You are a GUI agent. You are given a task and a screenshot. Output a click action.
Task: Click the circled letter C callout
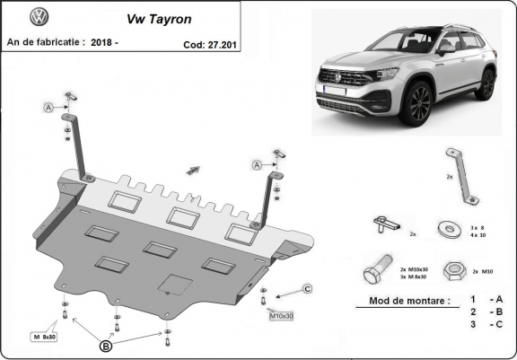pyautogui.click(x=307, y=288)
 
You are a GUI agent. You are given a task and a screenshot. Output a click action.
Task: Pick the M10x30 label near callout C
pyautogui.click(x=283, y=316)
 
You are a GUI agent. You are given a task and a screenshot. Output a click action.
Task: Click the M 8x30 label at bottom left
pyautogui.click(x=43, y=337)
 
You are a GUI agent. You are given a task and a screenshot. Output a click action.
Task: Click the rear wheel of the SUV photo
pyautogui.click(x=486, y=83)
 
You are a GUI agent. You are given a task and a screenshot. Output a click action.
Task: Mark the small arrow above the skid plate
pyautogui.click(x=191, y=168)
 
